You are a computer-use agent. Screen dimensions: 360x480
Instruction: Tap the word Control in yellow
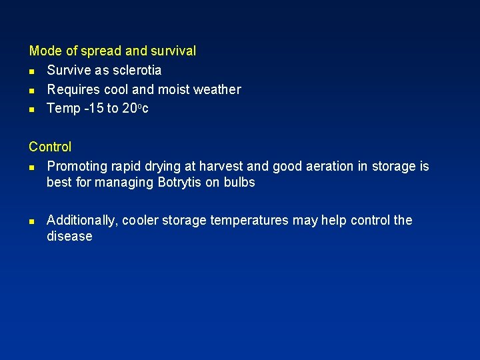(50, 147)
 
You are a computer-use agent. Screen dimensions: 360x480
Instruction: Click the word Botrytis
(180, 182)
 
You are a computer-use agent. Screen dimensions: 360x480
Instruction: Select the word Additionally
(83, 220)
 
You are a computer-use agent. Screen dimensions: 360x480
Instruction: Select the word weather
(217, 89)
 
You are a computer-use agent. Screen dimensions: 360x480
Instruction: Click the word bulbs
(239, 182)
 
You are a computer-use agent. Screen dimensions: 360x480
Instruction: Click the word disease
(69, 236)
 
